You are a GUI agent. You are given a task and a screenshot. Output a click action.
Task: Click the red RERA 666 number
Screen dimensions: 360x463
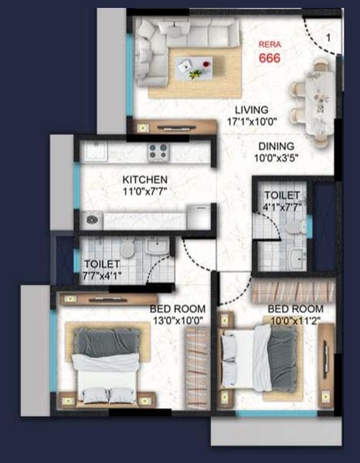pos(269,58)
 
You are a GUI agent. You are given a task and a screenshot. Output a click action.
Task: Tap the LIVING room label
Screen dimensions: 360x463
pos(251,110)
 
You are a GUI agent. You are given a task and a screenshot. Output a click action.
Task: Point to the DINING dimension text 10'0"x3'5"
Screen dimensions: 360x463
pos(276,158)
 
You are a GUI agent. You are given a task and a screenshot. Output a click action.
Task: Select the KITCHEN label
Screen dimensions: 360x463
pos(145,179)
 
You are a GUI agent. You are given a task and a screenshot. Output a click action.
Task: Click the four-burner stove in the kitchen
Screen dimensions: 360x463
pos(159,151)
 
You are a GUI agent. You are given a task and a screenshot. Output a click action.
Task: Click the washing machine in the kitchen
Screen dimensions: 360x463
pos(92,220)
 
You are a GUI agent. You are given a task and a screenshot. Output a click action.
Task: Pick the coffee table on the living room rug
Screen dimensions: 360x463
pos(194,68)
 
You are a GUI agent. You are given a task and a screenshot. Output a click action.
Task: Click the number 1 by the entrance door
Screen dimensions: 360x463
pos(328,38)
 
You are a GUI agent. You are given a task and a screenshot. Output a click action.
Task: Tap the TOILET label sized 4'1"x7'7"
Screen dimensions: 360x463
pos(282,200)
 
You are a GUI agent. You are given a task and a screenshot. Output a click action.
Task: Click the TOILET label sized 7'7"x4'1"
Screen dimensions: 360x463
pos(102,269)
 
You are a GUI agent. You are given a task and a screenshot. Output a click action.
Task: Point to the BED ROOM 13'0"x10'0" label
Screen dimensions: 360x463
pos(177,314)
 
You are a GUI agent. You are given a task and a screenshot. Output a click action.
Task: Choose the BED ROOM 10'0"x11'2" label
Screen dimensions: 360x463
pos(296,314)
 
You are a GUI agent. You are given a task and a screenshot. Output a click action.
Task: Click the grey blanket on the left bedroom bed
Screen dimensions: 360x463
pos(107,343)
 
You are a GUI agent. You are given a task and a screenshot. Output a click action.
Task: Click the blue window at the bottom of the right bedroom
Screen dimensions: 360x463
pos(277,413)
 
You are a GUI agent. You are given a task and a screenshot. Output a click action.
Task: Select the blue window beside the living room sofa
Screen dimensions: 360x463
pos(129,75)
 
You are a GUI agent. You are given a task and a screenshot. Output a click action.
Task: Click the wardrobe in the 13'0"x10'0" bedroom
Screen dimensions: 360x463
pos(197,368)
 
